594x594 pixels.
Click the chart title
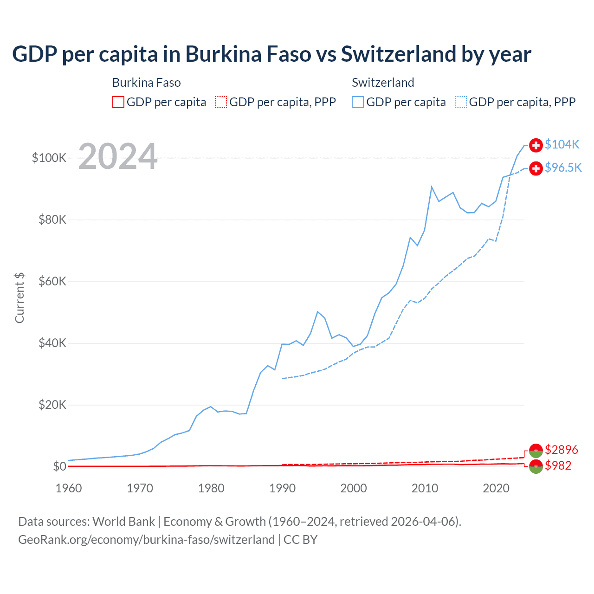(271, 54)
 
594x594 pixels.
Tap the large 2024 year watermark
(118, 156)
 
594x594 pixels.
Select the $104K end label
(562, 144)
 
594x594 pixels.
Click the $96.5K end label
(563, 168)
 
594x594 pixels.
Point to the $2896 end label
(561, 450)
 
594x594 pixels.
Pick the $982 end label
(558, 465)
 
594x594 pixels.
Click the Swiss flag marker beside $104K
(536, 145)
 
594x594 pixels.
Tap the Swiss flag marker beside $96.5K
(536, 168)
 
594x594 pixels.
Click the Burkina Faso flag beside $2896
(536, 450)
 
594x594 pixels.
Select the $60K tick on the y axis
(52, 281)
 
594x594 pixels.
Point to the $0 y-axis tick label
(59, 466)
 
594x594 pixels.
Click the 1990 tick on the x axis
(282, 488)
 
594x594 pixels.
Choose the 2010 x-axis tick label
(425, 488)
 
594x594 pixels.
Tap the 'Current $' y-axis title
(19, 298)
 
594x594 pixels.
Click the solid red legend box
(118, 102)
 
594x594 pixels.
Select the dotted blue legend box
(461, 102)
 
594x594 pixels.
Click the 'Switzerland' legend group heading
(383, 83)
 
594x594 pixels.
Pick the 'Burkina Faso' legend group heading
(146, 83)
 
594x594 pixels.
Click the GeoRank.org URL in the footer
(147, 540)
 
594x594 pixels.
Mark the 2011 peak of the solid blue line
(432, 187)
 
